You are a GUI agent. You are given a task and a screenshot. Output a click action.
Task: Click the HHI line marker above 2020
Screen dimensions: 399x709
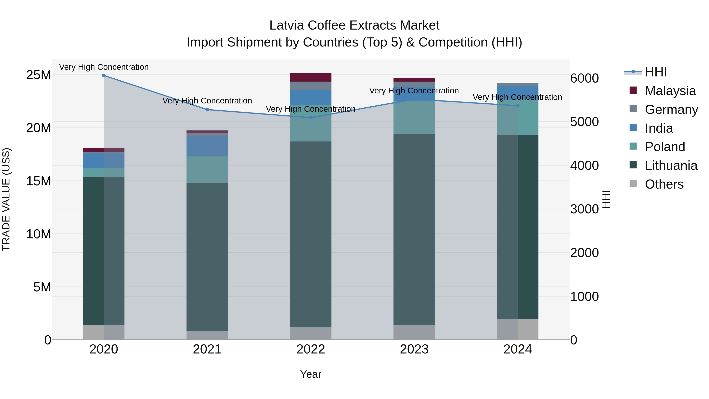point(104,75)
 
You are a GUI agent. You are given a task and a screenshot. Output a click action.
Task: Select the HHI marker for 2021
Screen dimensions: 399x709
point(207,110)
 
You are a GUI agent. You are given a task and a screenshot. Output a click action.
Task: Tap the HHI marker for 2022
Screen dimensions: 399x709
point(311,118)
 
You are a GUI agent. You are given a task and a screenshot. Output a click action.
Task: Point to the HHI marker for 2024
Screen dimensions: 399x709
point(518,106)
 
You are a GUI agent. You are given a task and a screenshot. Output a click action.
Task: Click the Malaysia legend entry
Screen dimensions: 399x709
point(670,91)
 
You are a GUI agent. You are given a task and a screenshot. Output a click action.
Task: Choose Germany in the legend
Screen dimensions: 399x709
point(671,110)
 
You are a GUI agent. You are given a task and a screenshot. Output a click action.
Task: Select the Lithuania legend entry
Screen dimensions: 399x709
point(671,166)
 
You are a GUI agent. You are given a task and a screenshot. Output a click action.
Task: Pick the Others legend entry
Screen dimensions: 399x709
point(664,184)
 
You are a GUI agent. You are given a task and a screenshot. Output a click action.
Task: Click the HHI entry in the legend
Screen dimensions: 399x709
point(656,72)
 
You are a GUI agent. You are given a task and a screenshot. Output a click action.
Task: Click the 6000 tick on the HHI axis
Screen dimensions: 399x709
point(584,78)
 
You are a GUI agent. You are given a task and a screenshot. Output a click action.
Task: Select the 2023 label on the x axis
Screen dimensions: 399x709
point(414,349)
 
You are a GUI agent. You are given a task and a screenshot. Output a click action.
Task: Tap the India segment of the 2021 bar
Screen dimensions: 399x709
point(207,146)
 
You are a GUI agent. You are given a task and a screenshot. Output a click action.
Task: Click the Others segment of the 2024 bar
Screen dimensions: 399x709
point(518,329)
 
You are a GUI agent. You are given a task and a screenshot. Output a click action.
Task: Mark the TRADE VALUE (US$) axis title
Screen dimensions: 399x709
point(6,199)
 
